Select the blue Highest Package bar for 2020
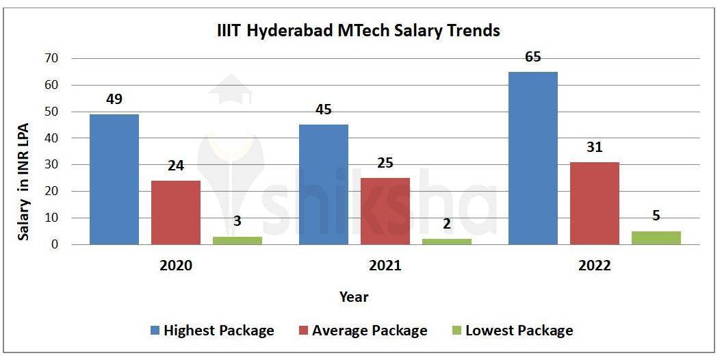pyautogui.click(x=114, y=179)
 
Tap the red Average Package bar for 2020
pyautogui.click(x=176, y=212)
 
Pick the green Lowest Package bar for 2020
pyautogui.click(x=237, y=240)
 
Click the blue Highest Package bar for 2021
pyautogui.click(x=323, y=184)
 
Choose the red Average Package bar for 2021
pyautogui.click(x=385, y=211)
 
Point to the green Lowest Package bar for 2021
pyautogui.click(x=446, y=242)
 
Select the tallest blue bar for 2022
pyautogui.click(x=532, y=158)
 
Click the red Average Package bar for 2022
pyautogui.click(x=594, y=203)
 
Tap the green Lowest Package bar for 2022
pyautogui.click(x=656, y=237)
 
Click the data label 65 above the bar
pyautogui.click(x=532, y=57)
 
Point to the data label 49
pyautogui.click(x=114, y=100)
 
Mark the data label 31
pyautogui.click(x=594, y=147)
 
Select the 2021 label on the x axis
pyautogui.click(x=385, y=266)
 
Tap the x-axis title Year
pyautogui.click(x=354, y=297)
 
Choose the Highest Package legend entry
pyautogui.click(x=212, y=331)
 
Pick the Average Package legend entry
pyautogui.click(x=362, y=331)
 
